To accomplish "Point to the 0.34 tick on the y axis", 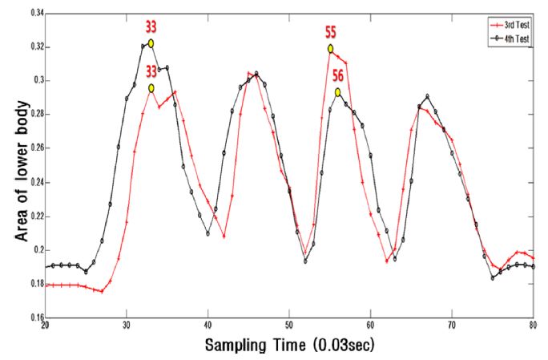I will [x=34, y=14].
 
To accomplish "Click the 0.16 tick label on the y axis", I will [x=34, y=318].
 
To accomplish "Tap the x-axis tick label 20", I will [x=45, y=326].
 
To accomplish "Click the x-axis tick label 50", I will [x=289, y=326].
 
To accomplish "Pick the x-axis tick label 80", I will [x=534, y=326].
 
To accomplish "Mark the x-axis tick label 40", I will [x=208, y=326].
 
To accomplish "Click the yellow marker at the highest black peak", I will [x=151, y=43].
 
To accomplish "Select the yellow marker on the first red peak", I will [x=151, y=88].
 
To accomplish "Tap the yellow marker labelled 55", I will [x=330, y=49].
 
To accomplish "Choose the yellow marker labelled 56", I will [x=338, y=92].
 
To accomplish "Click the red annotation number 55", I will [x=331, y=33].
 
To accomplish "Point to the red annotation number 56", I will [x=338, y=76].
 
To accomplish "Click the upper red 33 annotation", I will [x=151, y=26].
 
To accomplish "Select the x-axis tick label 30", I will [x=127, y=326].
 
